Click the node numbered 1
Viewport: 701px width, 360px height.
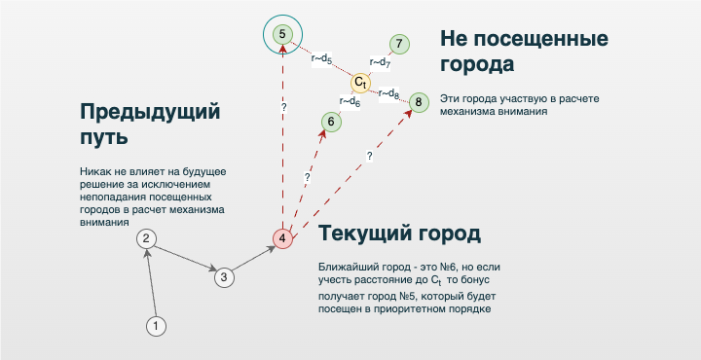point(155,326)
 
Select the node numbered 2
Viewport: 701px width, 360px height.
point(145,238)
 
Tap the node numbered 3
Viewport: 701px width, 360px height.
point(223,277)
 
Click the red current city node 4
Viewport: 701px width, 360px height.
point(282,238)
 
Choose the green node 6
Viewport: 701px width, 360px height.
point(331,122)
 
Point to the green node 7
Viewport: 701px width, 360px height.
point(399,44)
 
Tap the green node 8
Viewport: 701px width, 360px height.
point(418,101)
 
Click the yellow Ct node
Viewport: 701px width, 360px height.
point(360,83)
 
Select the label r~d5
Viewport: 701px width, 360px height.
point(322,59)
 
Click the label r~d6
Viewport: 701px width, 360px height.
point(350,100)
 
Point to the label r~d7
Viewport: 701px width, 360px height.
point(380,63)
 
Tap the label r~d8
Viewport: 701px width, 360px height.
point(388,93)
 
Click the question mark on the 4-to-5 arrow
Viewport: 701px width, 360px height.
point(283,106)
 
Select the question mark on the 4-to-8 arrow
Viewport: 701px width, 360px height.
point(369,155)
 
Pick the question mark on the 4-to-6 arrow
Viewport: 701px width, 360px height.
point(308,178)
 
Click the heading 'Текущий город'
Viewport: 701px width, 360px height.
point(398,235)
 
